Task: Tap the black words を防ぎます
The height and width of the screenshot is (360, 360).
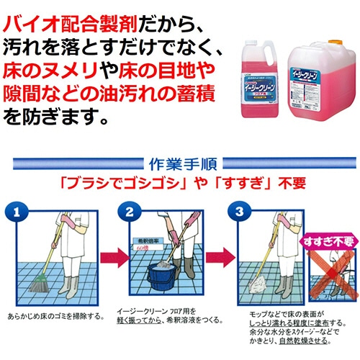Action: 58,115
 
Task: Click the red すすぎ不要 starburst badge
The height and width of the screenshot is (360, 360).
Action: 327,239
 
